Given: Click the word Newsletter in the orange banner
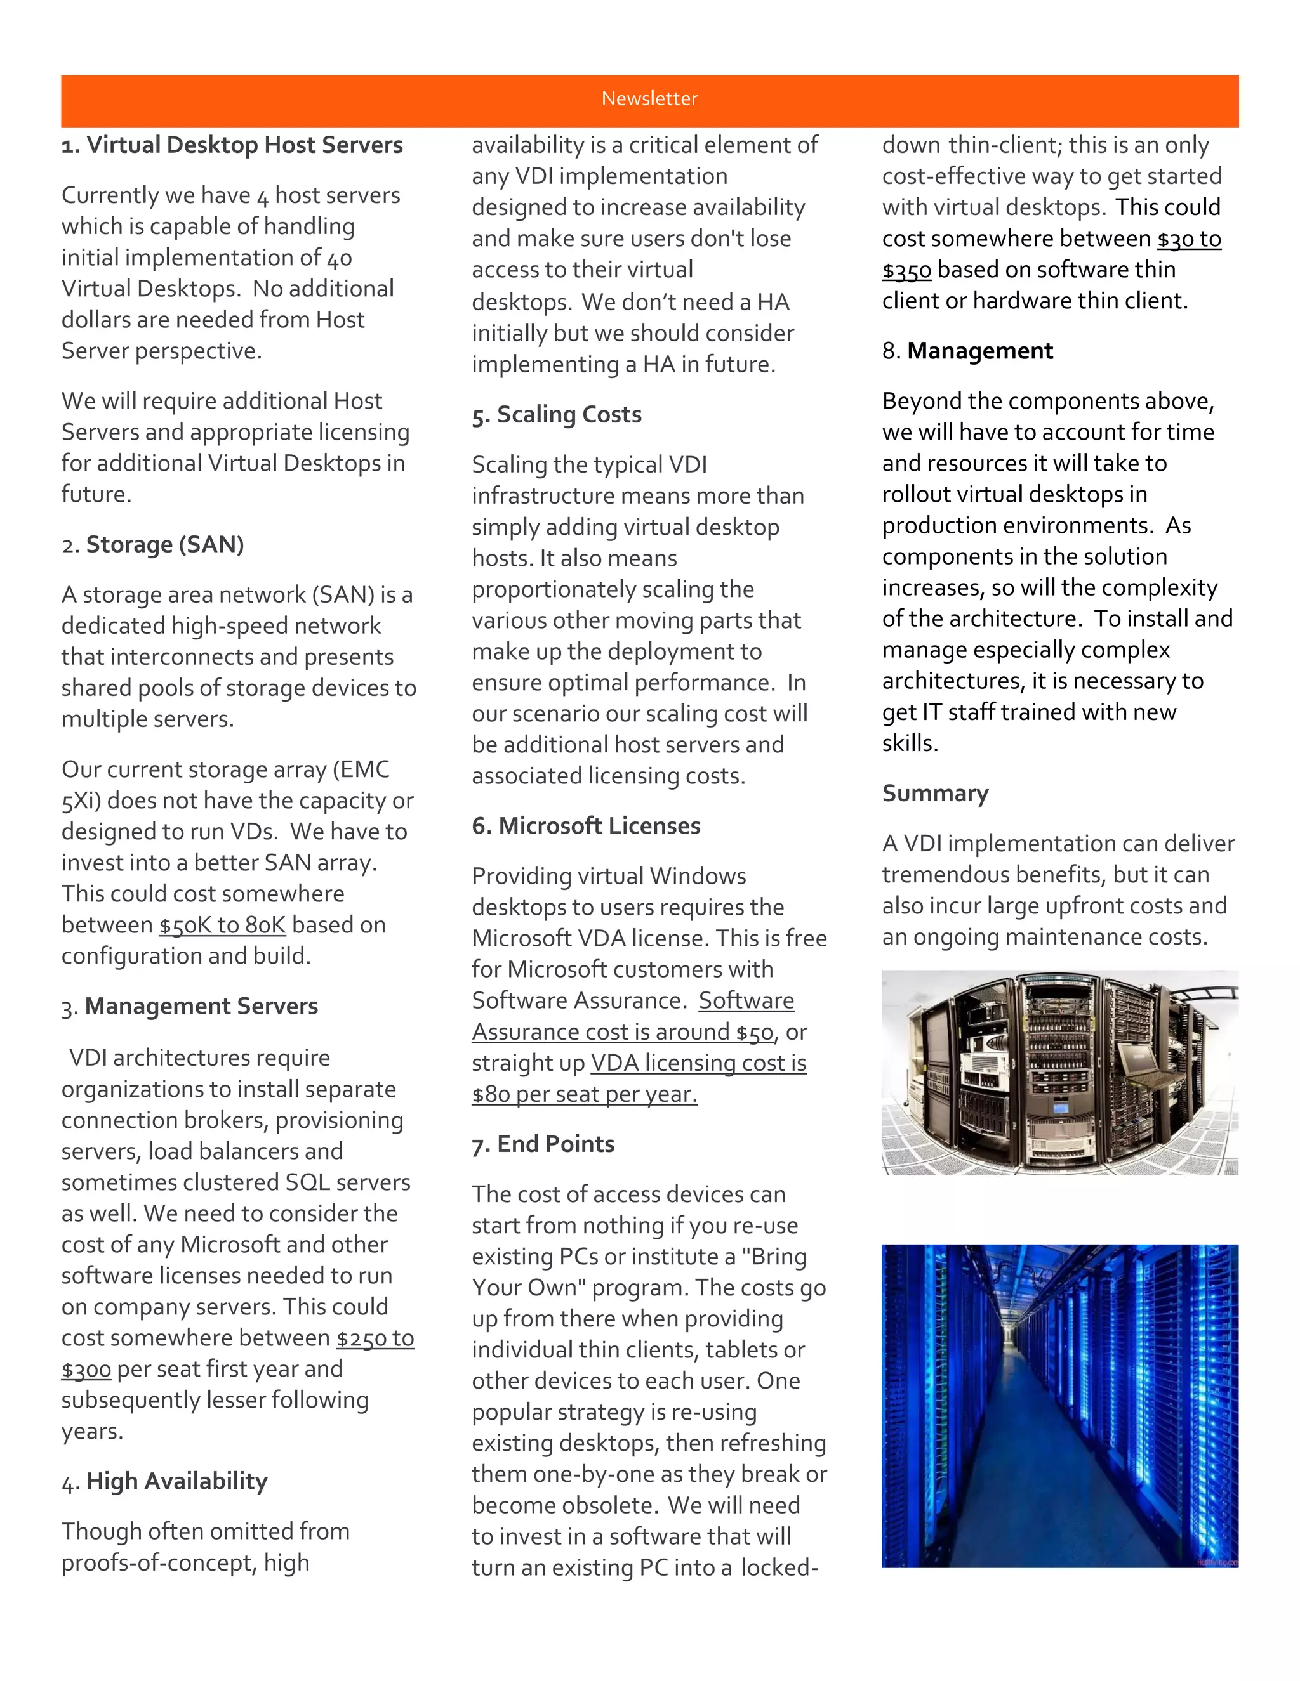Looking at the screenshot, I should point(649,98).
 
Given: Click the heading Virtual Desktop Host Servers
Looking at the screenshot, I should point(244,145).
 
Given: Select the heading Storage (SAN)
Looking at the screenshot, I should point(165,544).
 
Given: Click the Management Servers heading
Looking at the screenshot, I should point(201,1006).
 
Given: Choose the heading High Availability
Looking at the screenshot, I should point(176,1481).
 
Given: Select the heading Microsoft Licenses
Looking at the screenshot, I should point(599,826).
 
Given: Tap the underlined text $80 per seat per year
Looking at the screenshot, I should point(584,1094).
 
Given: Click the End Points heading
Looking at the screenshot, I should point(555,1144).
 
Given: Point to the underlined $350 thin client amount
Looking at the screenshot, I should point(906,270).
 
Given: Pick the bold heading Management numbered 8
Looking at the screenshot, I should point(979,351).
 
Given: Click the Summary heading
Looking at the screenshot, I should point(935,793).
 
